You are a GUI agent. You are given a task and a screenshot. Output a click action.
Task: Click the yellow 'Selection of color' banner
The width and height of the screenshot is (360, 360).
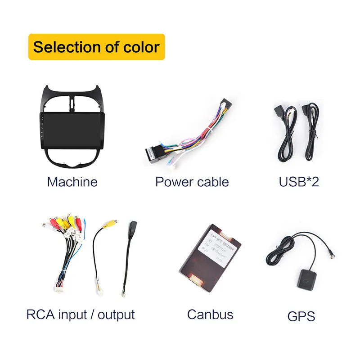96,47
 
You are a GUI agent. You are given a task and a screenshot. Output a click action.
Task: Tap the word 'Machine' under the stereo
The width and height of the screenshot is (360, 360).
72,182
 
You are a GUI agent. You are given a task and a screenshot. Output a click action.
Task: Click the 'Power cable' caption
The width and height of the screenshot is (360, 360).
192,182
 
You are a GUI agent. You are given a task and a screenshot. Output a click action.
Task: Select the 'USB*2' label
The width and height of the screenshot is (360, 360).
299,182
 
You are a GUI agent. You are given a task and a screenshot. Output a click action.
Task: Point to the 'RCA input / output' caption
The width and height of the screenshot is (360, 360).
81,314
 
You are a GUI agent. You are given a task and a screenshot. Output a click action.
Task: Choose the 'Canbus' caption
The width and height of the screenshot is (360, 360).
210,314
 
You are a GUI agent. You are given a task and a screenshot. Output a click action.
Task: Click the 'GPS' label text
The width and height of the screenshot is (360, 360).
301,316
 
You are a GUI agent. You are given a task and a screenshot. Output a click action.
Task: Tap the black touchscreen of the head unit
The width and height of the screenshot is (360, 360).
72,131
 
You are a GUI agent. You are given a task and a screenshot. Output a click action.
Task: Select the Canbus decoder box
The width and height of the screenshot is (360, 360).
210,256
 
